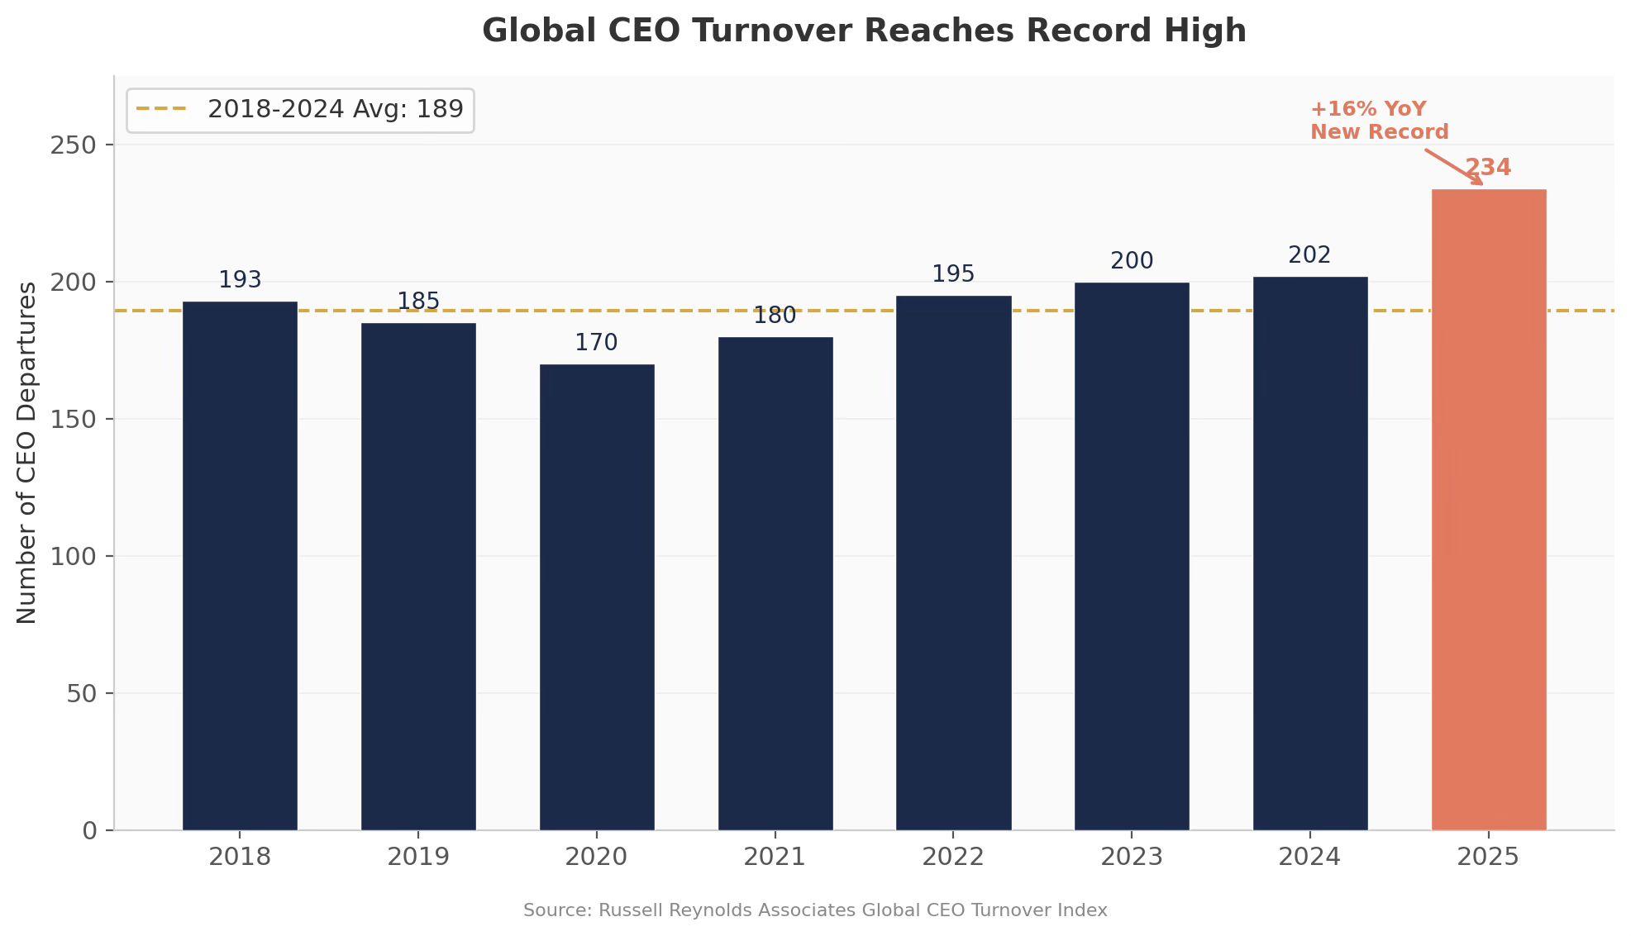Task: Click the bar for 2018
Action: (240, 566)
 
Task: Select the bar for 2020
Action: (597, 597)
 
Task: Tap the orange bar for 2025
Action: (1489, 510)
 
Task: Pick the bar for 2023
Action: (1132, 556)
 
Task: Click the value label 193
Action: (240, 280)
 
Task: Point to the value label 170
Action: (596, 343)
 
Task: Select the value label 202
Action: (1309, 255)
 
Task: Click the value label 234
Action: (1488, 168)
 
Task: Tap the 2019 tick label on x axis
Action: (418, 857)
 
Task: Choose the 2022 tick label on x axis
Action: (953, 857)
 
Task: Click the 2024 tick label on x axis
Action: (1309, 857)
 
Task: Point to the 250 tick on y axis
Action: (74, 145)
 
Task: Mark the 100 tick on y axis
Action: (74, 557)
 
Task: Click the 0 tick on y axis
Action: (90, 831)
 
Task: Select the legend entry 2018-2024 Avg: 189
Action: (300, 109)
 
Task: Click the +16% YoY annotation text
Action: (1368, 109)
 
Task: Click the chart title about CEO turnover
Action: (864, 31)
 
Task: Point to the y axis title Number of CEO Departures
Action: (27, 453)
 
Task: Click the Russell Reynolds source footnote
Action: (815, 910)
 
